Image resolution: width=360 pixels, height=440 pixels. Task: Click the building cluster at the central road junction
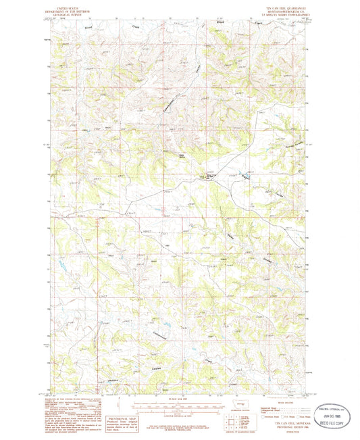[x=205, y=178]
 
